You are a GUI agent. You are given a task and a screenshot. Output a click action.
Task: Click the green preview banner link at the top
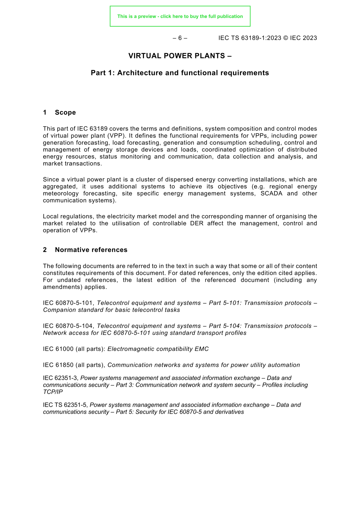(x=180, y=16)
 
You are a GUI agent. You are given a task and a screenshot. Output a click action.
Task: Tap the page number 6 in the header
(x=180, y=38)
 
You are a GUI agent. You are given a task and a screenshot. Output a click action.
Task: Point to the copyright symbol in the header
(x=286, y=38)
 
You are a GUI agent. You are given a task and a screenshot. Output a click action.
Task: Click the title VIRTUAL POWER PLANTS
(x=180, y=56)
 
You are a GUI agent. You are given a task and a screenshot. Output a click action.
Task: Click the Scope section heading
(x=65, y=113)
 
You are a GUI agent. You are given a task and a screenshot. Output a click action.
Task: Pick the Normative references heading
(x=91, y=250)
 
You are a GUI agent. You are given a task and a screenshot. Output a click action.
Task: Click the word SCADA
(x=271, y=194)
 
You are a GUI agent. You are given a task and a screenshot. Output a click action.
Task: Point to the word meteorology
(x=61, y=194)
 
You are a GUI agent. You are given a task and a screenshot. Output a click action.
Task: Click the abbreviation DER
(x=197, y=224)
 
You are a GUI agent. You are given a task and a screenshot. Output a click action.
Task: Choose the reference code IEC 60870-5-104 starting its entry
(x=68, y=326)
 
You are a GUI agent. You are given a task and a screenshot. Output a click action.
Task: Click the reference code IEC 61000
(x=58, y=349)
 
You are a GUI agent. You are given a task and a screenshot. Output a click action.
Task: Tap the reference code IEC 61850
(x=58, y=365)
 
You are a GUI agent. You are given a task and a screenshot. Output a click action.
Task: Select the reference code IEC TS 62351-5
(x=65, y=405)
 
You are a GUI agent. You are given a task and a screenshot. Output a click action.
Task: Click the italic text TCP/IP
(x=53, y=392)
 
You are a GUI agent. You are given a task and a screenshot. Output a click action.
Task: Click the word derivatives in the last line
(x=230, y=412)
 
